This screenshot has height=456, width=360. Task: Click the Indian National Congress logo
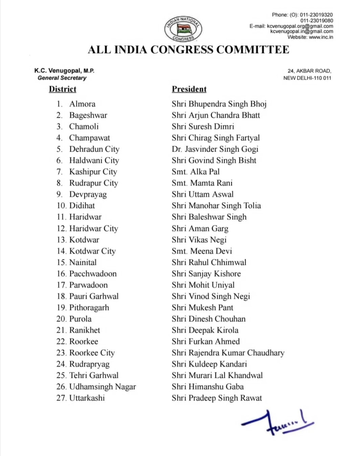183,29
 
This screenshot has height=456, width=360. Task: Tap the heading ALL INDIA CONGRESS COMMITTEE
188,50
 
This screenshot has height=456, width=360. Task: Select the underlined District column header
63,89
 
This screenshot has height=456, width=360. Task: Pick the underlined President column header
189,89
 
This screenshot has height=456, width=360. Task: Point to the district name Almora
82,104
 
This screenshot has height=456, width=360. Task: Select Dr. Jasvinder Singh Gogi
215,149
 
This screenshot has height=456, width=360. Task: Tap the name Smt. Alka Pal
196,172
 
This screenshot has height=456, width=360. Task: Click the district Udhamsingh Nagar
102,387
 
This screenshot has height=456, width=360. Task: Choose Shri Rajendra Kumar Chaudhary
228,353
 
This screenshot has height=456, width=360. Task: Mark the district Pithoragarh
89,307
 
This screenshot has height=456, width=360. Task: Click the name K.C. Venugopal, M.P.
64,71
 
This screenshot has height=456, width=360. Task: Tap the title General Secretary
62,78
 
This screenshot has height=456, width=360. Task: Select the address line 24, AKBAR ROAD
309,71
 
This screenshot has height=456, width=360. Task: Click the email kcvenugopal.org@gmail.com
300,26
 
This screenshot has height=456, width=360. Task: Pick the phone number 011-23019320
316,15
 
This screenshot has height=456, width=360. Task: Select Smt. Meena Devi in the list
202,251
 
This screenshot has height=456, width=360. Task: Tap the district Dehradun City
94,149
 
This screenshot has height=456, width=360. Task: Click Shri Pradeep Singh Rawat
217,398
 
